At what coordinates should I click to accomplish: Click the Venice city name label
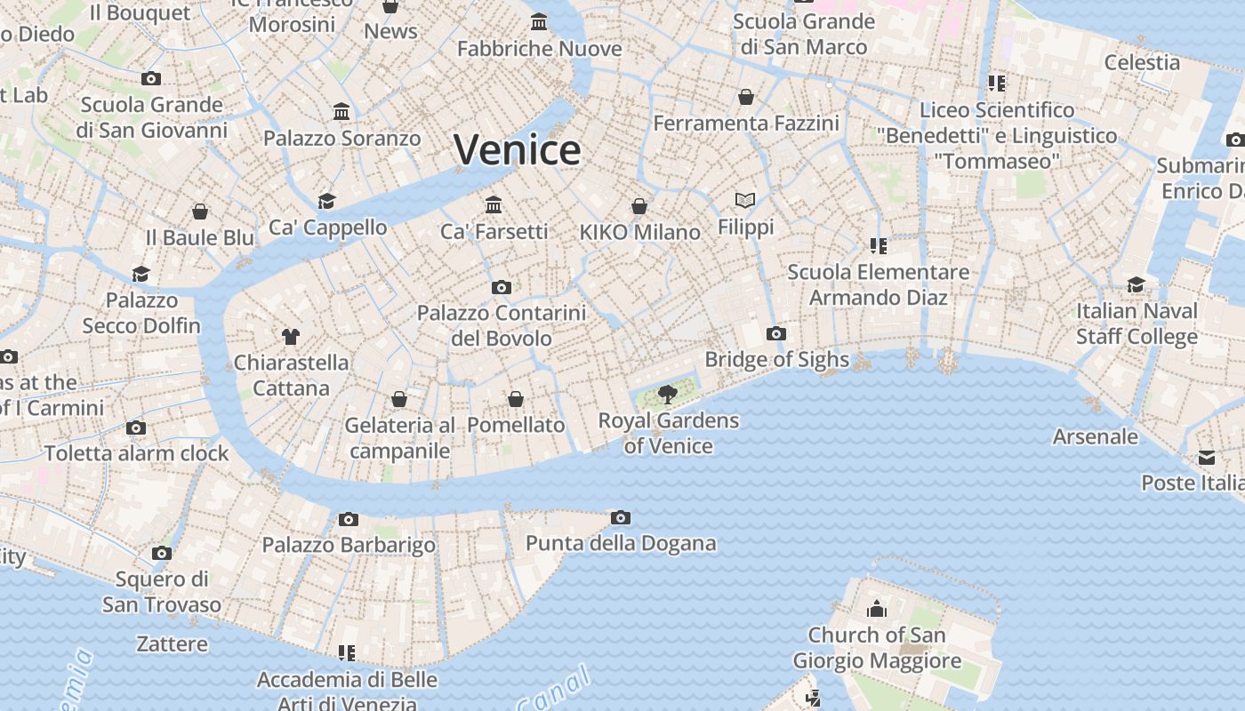tap(517, 149)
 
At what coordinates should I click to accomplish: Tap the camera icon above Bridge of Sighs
tap(776, 334)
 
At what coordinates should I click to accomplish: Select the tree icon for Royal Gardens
tap(667, 394)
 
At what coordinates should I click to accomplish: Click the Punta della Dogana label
tap(621, 543)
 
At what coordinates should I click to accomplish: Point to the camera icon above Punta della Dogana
tap(621, 518)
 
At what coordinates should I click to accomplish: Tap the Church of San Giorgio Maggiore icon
tap(877, 610)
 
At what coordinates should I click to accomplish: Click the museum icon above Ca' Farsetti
tap(494, 205)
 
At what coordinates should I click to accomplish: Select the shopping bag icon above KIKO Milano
tap(639, 207)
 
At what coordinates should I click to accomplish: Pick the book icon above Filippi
tap(745, 201)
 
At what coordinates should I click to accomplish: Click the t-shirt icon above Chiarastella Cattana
tap(291, 336)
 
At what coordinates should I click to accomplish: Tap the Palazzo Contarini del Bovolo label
tap(502, 325)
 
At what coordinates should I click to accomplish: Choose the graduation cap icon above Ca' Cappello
tap(327, 201)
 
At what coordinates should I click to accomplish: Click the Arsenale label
tap(1095, 436)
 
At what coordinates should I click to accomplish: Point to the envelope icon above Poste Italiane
tap(1207, 458)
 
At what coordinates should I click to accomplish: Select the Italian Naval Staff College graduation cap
tap(1136, 285)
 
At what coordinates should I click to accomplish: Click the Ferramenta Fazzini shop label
tap(746, 123)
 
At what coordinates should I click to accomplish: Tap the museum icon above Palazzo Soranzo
tap(341, 112)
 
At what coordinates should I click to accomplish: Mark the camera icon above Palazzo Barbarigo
tap(349, 519)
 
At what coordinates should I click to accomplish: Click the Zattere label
tap(173, 643)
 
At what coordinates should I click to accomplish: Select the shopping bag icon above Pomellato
tap(516, 400)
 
